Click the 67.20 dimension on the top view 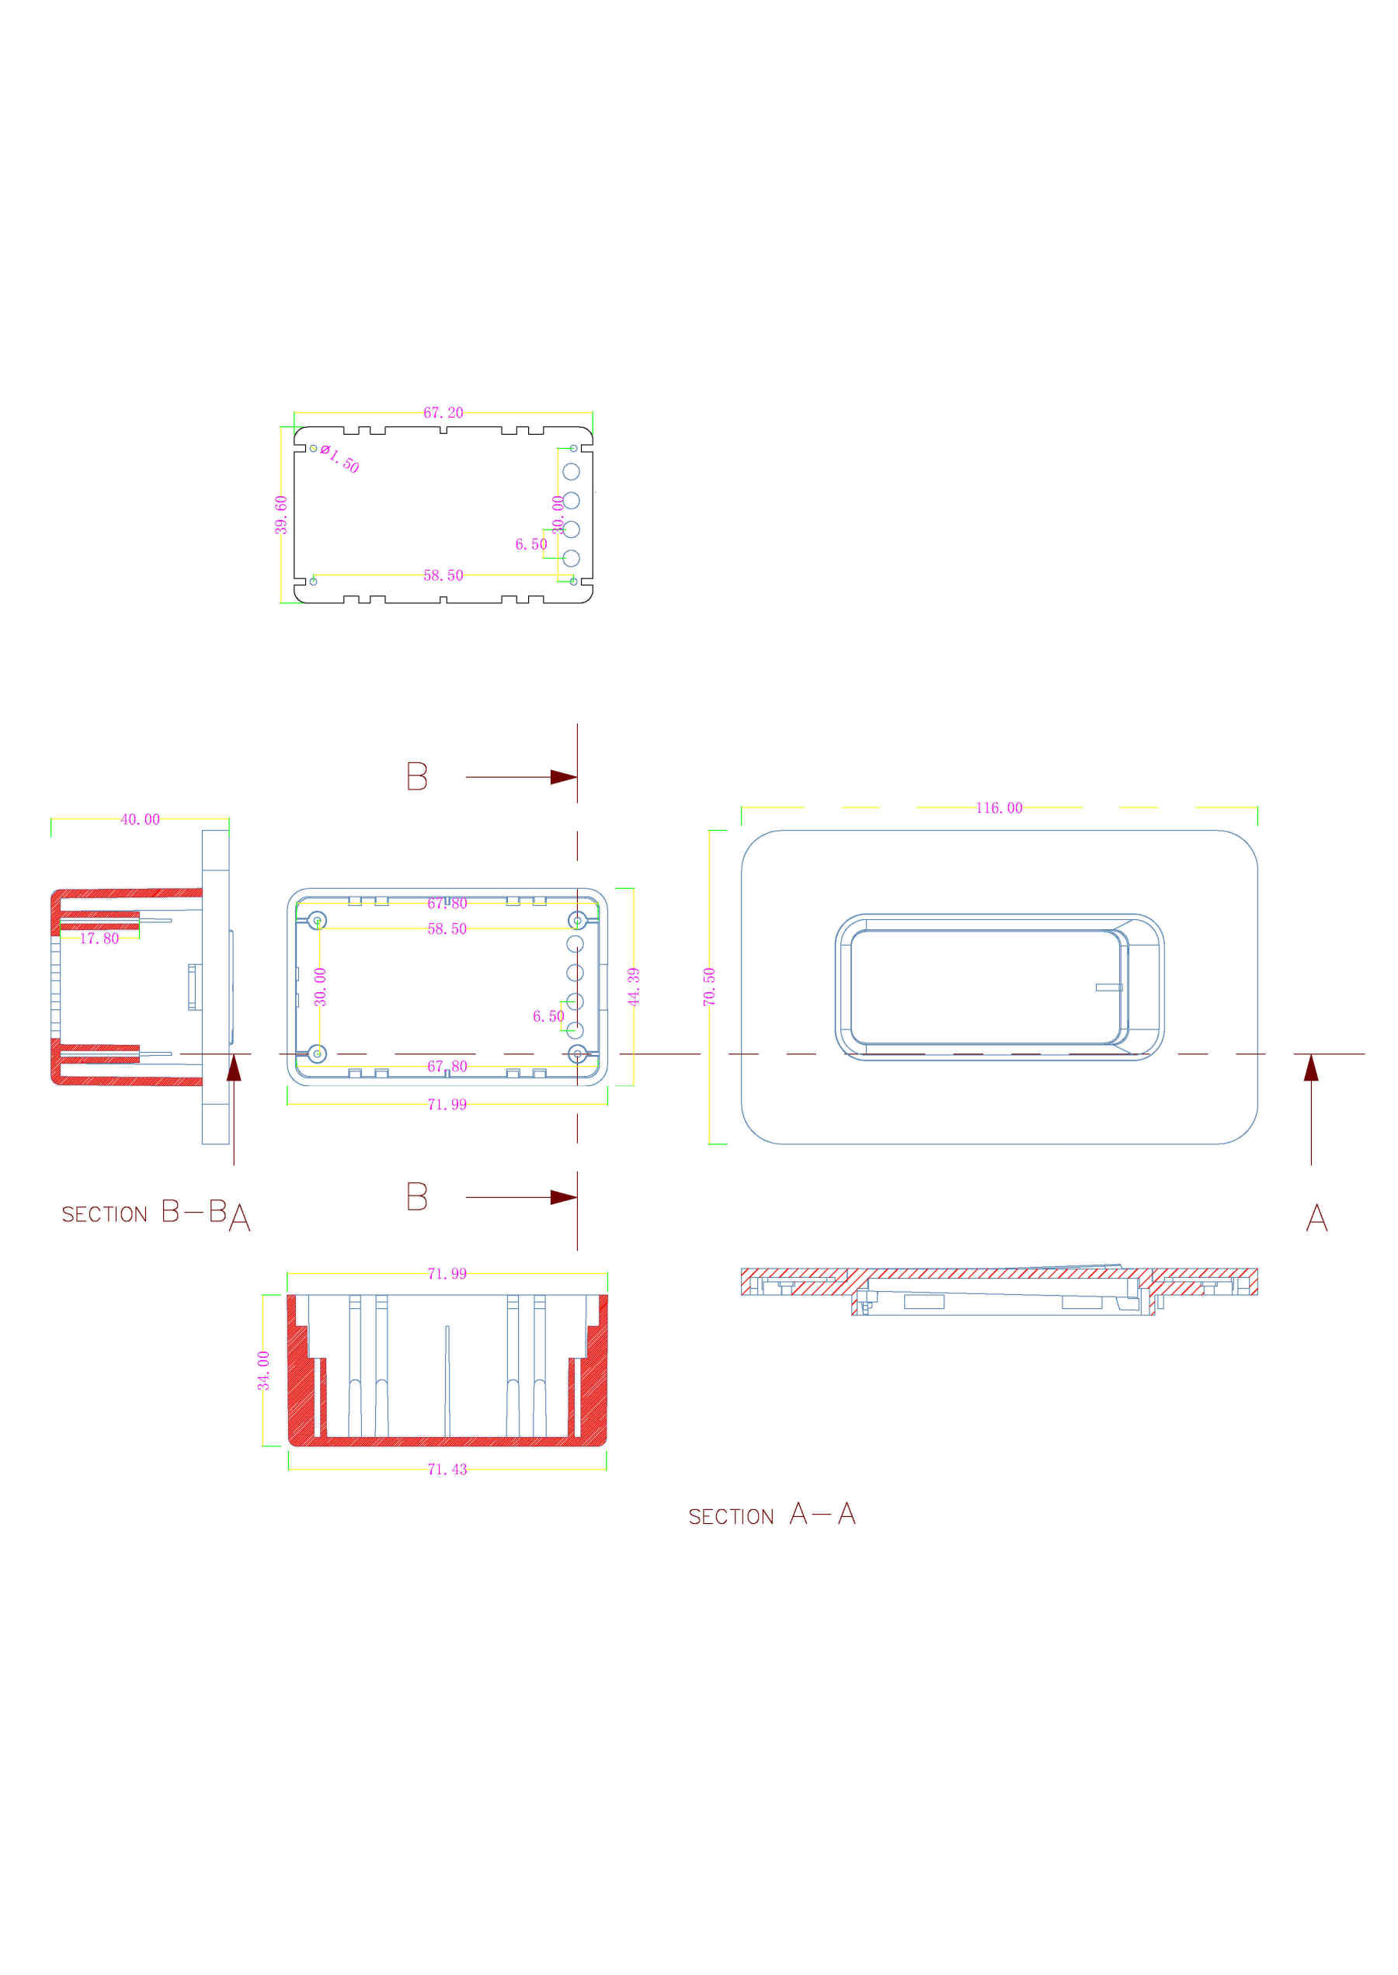pyautogui.click(x=443, y=412)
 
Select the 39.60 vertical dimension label pyautogui.click(x=280, y=515)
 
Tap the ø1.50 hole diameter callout pyautogui.click(x=340, y=459)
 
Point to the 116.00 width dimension pyautogui.click(x=999, y=807)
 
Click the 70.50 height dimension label pyautogui.click(x=708, y=986)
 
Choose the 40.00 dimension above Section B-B pyautogui.click(x=140, y=819)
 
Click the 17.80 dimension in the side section pyautogui.click(x=99, y=938)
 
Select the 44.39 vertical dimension pyautogui.click(x=634, y=986)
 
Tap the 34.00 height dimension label pyautogui.click(x=263, y=1370)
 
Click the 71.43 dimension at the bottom pyautogui.click(x=447, y=1469)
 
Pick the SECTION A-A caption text pyautogui.click(x=771, y=1515)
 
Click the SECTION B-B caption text pyautogui.click(x=144, y=1213)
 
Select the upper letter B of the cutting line pyautogui.click(x=416, y=776)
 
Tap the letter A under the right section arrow pyautogui.click(x=1316, y=1218)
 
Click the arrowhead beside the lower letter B pyautogui.click(x=563, y=1197)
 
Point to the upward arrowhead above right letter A pyautogui.click(x=1310, y=1068)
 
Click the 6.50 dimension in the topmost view pyautogui.click(x=531, y=544)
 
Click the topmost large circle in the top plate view pyautogui.click(x=571, y=471)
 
